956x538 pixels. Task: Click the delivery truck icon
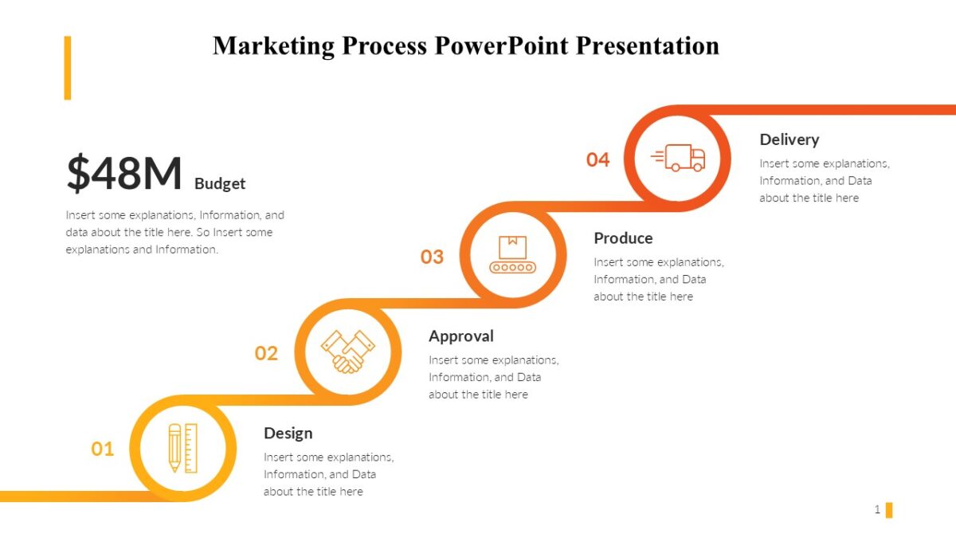678,158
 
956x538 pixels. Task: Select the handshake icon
347,351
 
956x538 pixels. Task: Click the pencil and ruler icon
182,448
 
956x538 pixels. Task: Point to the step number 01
102,449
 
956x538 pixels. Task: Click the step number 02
266,353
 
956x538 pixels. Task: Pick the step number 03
432,257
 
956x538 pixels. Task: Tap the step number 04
597,159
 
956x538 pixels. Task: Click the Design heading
288,433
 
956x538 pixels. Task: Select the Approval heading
460,336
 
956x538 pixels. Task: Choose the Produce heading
623,238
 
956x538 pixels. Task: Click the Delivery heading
789,139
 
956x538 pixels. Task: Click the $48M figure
124,173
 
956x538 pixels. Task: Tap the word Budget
220,183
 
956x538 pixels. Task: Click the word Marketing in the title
273,45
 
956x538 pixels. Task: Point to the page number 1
877,509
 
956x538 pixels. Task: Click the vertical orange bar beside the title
68,68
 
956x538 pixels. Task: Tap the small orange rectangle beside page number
889,509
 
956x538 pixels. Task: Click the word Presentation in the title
647,45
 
